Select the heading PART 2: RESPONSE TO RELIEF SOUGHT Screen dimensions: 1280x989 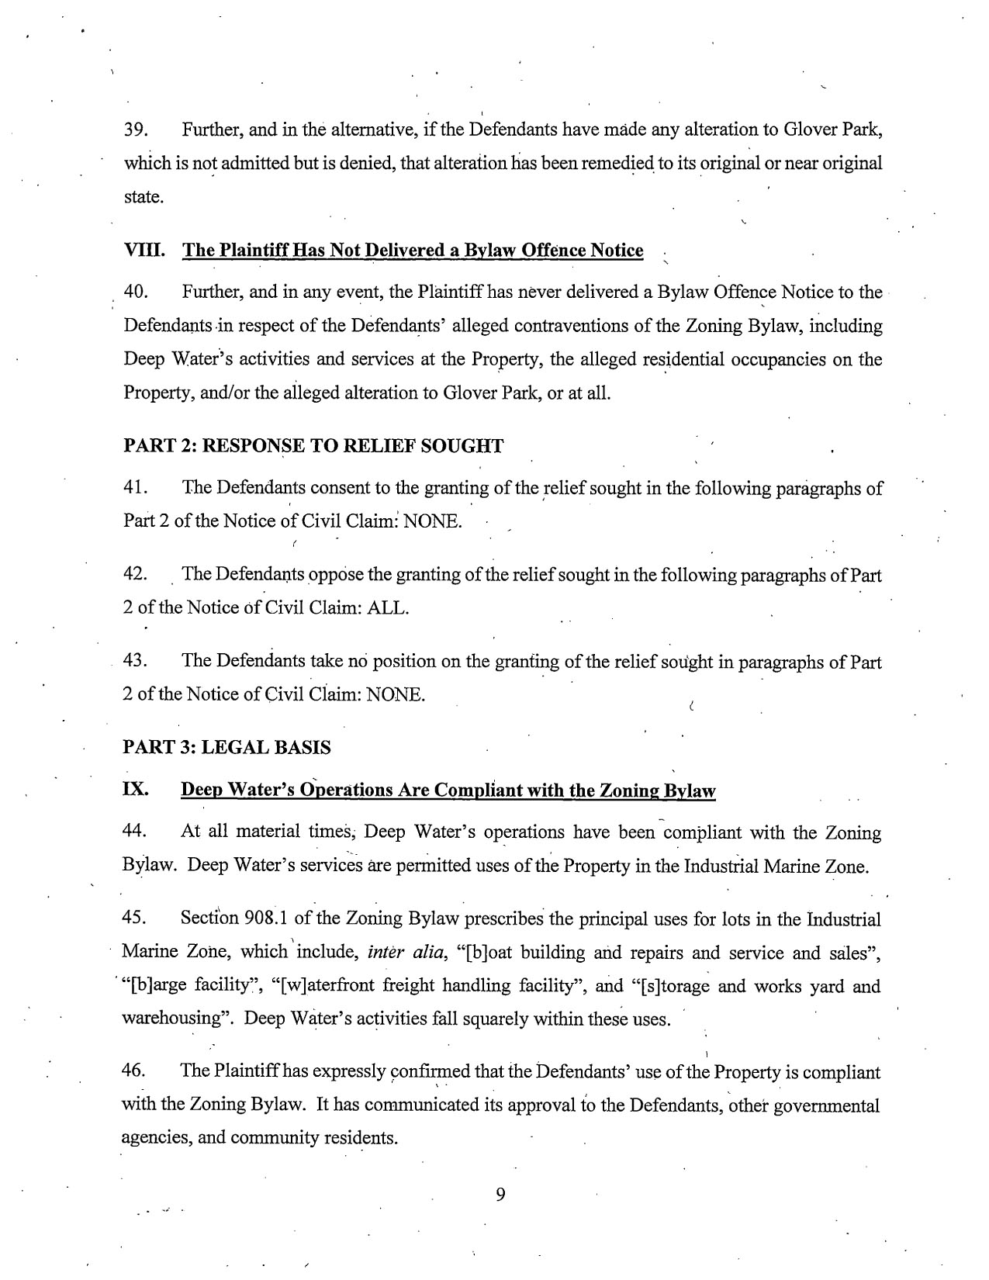(313, 445)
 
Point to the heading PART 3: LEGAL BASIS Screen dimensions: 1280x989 (227, 747)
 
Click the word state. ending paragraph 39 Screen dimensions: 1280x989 (144, 196)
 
